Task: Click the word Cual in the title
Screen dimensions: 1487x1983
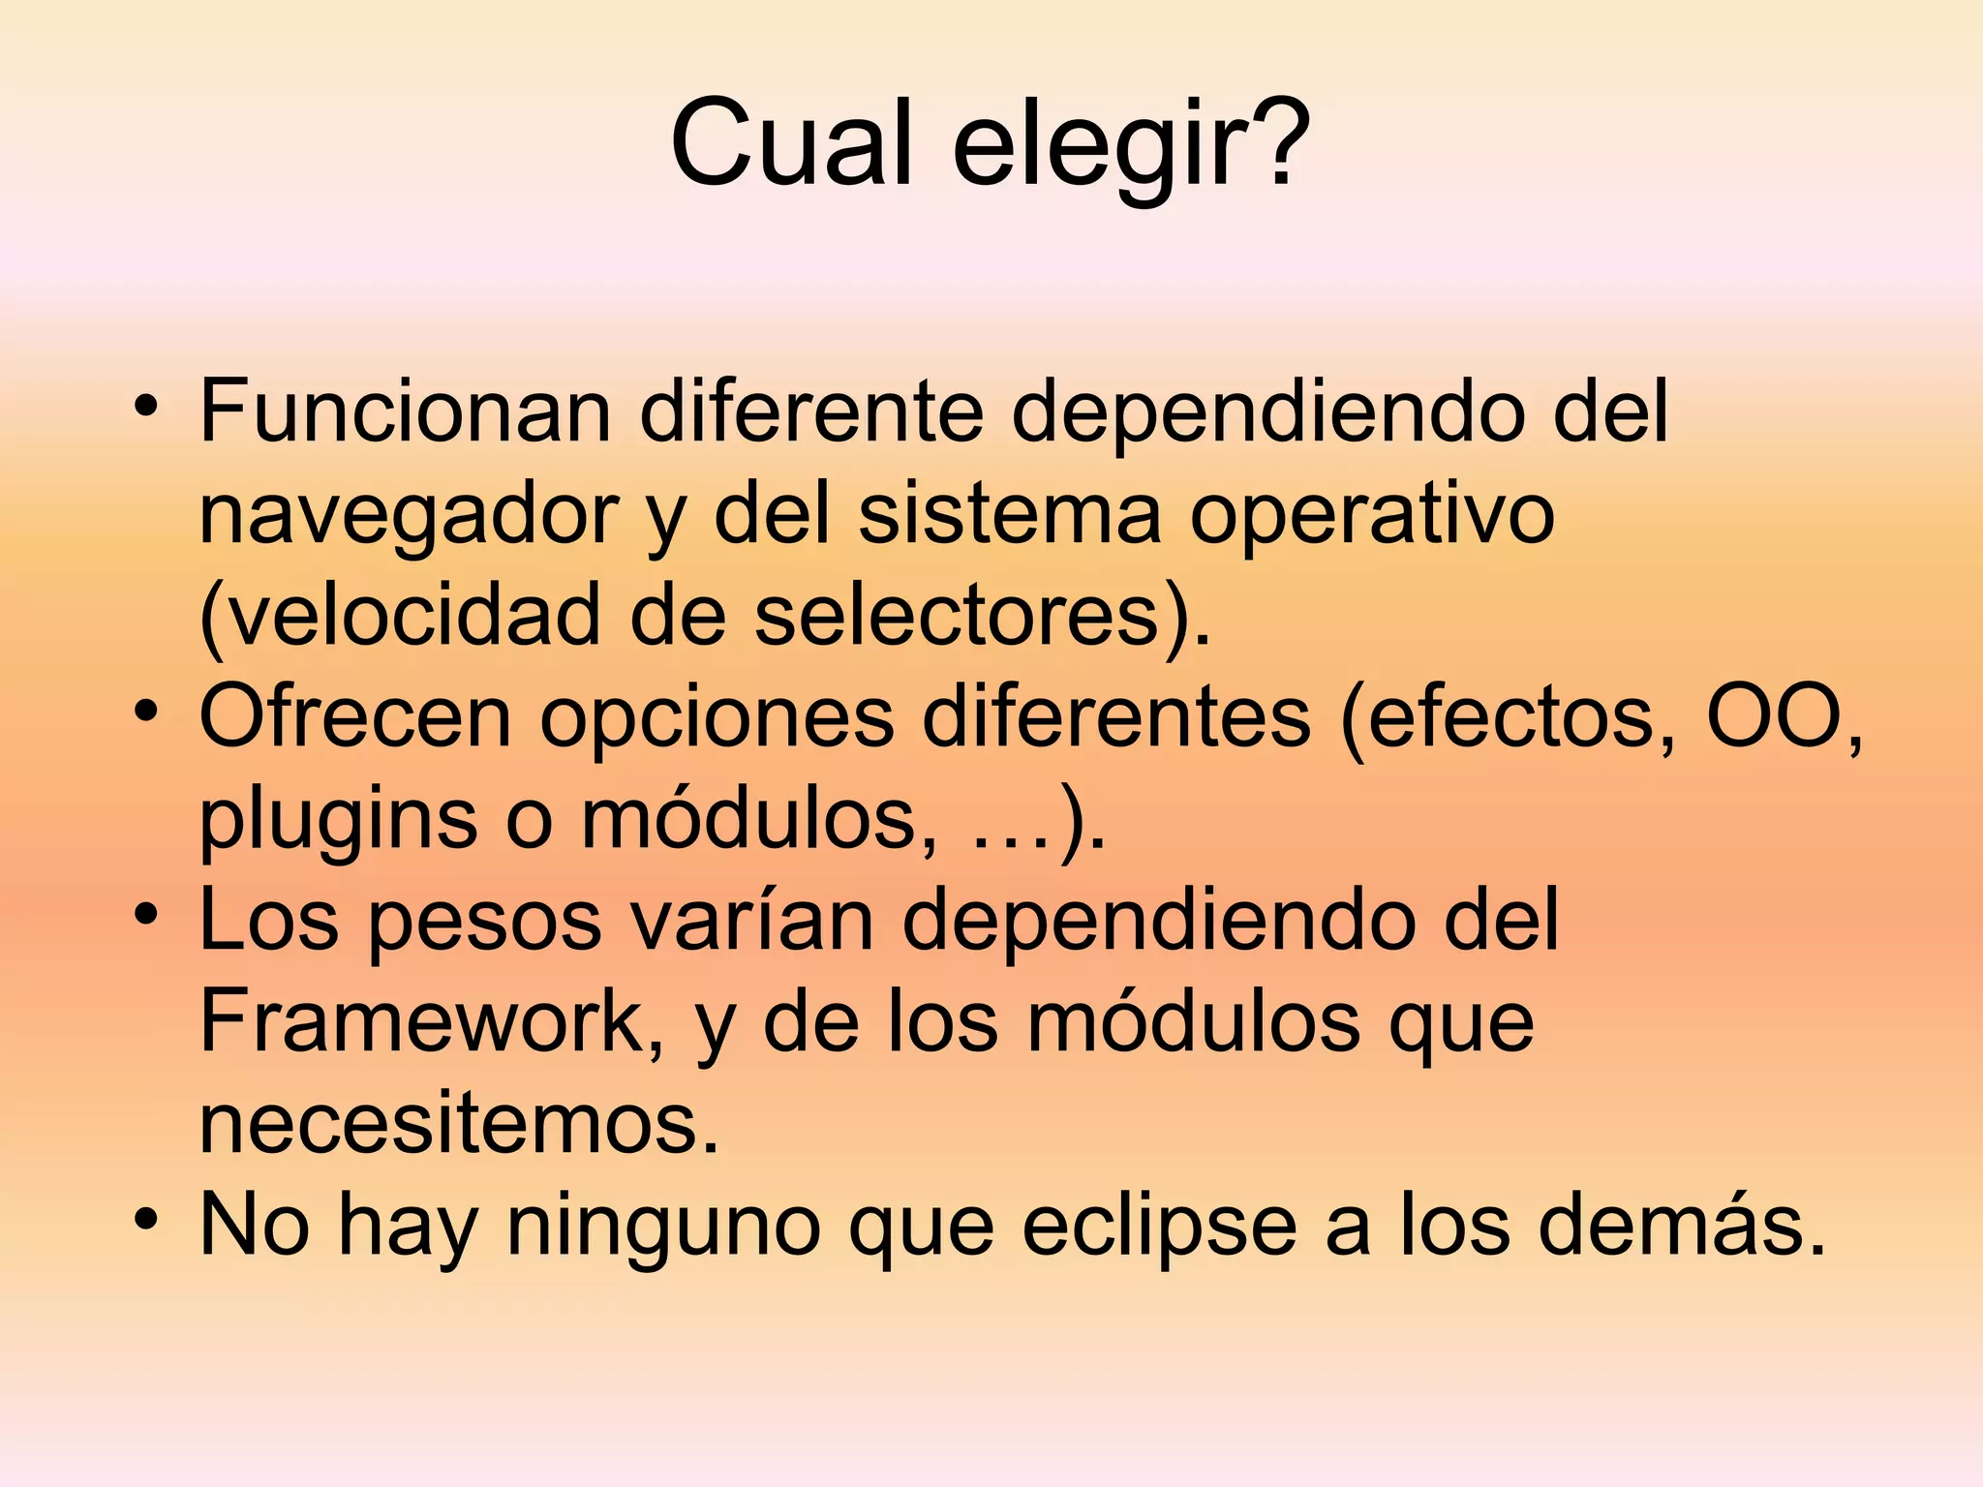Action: tap(790, 142)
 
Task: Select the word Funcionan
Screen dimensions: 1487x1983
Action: tap(405, 411)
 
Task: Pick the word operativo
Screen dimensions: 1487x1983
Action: tap(1371, 515)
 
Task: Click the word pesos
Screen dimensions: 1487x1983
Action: tap(485, 921)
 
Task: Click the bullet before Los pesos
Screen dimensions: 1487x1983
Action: tap(145, 915)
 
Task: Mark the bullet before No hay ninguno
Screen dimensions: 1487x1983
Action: tap(145, 1220)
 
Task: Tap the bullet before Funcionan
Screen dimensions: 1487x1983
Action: tap(145, 406)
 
